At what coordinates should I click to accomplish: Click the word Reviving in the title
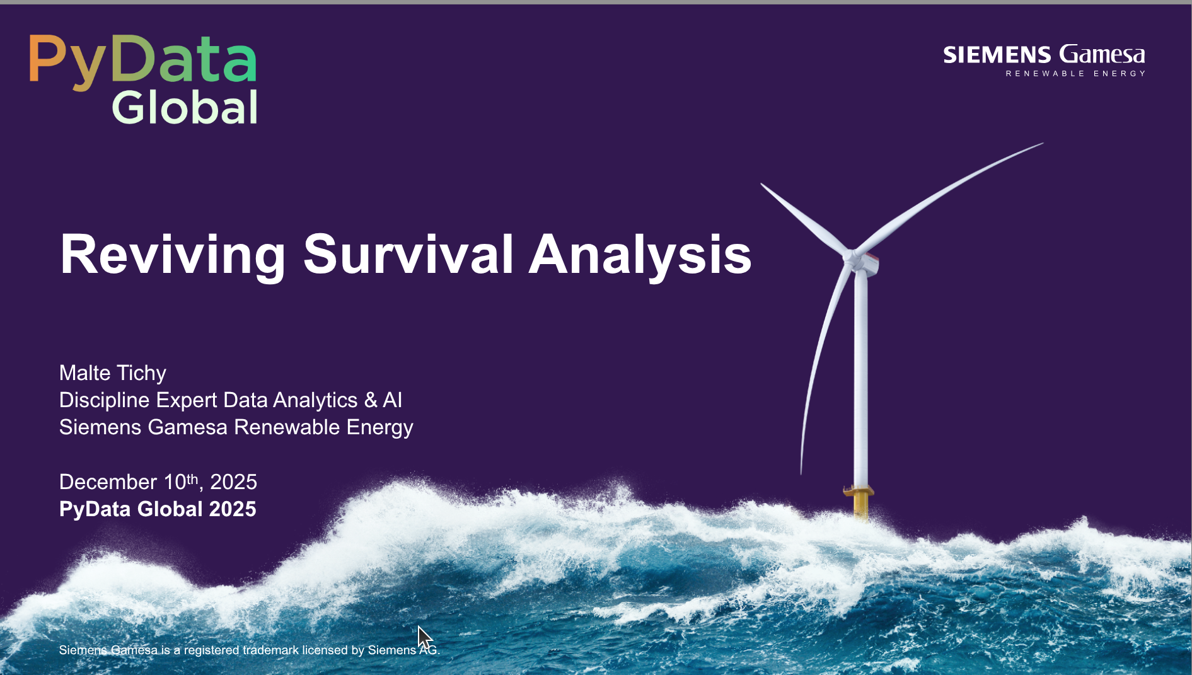pyautogui.click(x=173, y=255)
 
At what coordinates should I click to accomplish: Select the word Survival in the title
pyautogui.click(x=408, y=254)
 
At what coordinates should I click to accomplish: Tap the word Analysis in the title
pyautogui.click(x=640, y=255)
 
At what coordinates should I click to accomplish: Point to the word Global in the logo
pyautogui.click(x=185, y=107)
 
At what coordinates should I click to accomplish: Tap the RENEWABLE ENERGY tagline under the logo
pyautogui.click(x=1075, y=74)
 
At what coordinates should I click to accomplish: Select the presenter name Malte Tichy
pyautogui.click(x=113, y=373)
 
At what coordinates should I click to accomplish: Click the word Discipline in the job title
pyautogui.click(x=104, y=400)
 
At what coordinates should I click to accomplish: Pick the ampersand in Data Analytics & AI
pyautogui.click(x=371, y=400)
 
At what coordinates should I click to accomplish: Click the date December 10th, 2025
pyautogui.click(x=158, y=482)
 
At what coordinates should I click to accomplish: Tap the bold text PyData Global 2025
pyautogui.click(x=158, y=509)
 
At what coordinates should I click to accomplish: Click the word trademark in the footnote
pyautogui.click(x=270, y=650)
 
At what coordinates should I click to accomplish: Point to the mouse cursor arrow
pyautogui.click(x=424, y=637)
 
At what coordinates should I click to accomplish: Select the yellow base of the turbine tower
pyautogui.click(x=860, y=502)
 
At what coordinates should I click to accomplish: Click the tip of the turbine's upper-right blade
pyautogui.click(x=1043, y=144)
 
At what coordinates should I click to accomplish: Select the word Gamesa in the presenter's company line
pyautogui.click(x=187, y=427)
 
